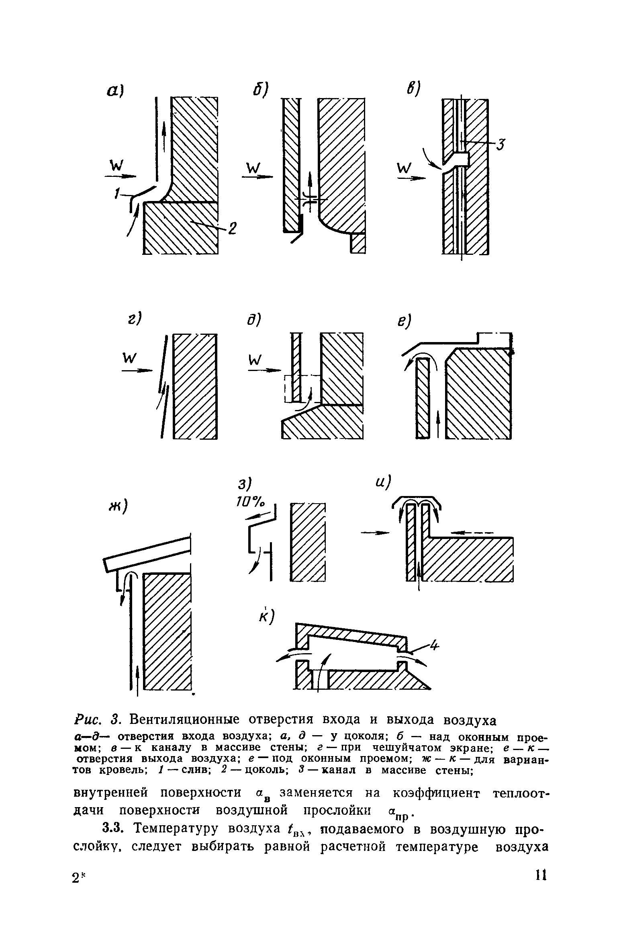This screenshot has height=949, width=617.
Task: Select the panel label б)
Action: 261,89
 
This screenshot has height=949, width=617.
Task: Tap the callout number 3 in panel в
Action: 500,143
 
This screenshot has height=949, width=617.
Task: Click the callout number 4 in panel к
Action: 434,646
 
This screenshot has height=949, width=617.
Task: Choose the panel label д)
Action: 254,320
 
